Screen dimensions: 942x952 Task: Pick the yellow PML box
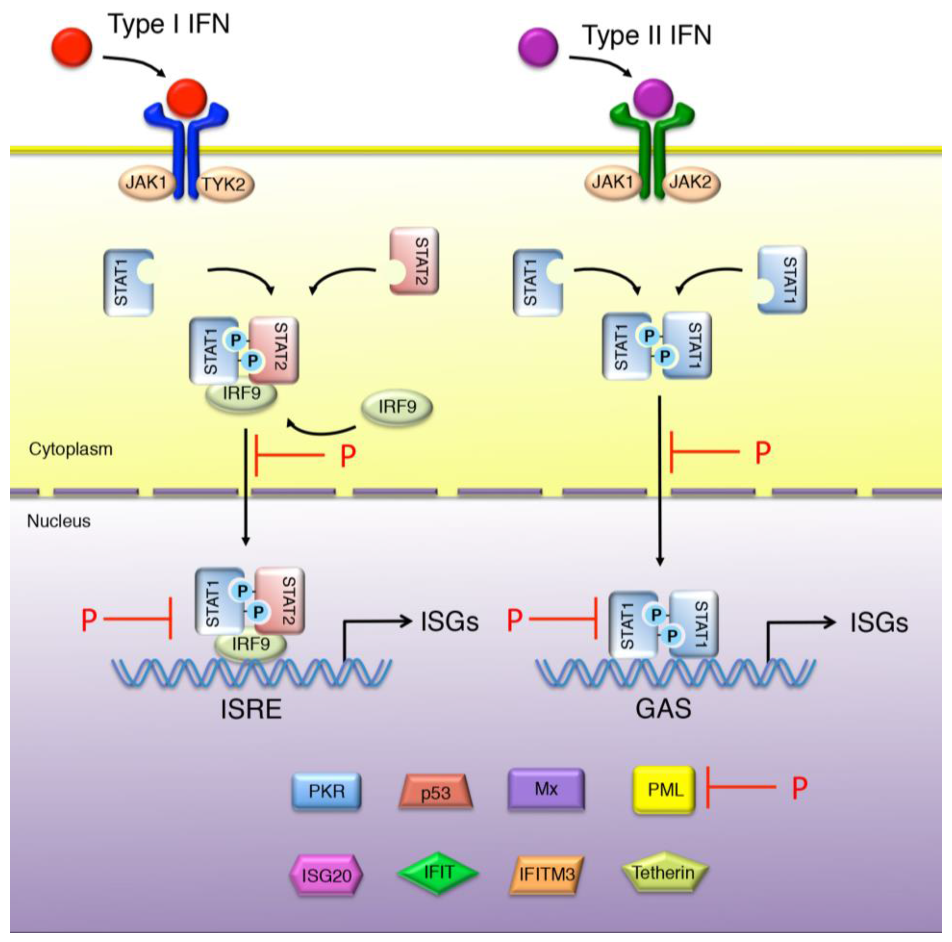664,790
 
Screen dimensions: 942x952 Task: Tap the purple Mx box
546,789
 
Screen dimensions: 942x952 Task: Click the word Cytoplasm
70,449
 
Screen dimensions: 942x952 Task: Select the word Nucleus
59,521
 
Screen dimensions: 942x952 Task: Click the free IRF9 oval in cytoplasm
397,407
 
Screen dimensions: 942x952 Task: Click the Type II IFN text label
647,36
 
